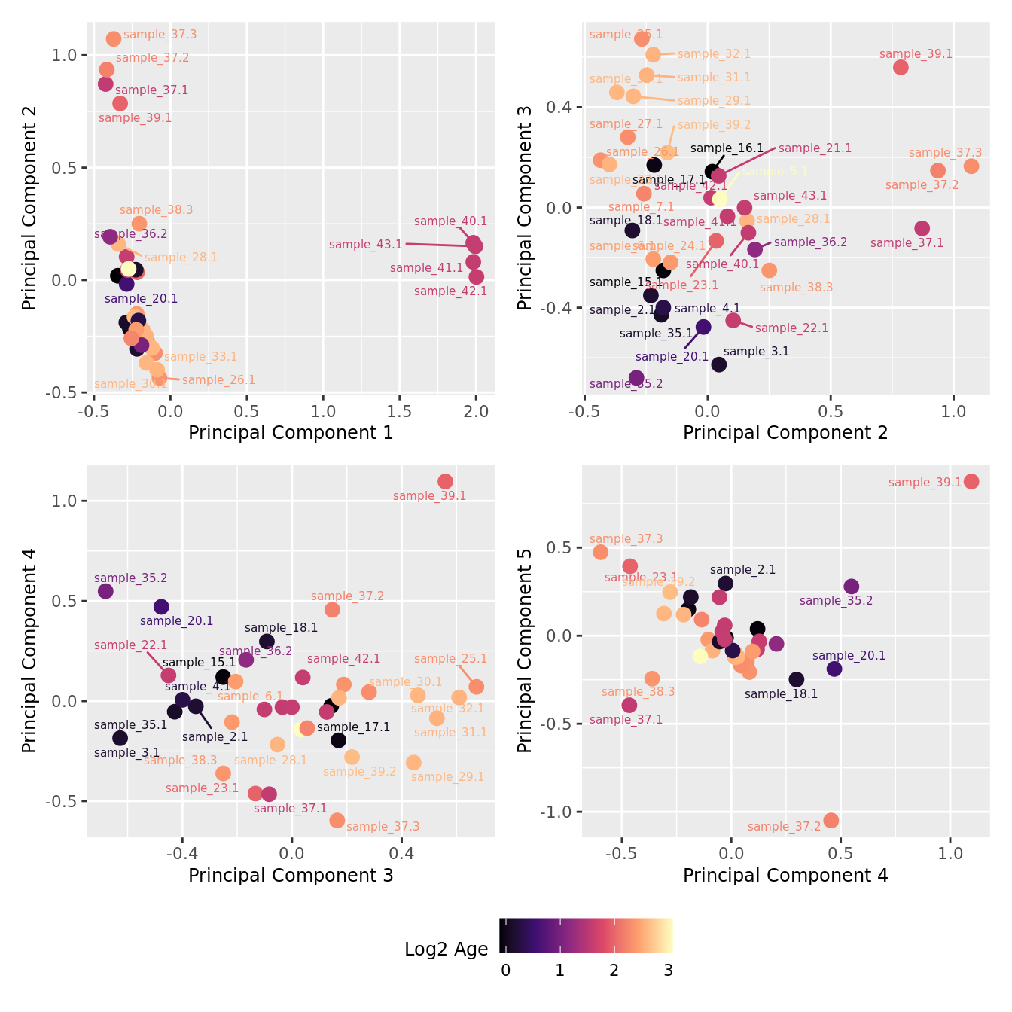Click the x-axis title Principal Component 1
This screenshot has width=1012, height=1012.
click(291, 433)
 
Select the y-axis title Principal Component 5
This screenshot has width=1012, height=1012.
click(525, 650)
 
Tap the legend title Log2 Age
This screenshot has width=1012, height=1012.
click(446, 950)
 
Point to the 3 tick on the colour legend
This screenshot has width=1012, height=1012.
click(668, 971)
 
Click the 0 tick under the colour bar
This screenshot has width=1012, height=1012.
click(505, 971)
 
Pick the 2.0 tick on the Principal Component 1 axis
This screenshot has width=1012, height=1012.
click(476, 412)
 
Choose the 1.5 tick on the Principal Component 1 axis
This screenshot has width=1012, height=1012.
click(400, 412)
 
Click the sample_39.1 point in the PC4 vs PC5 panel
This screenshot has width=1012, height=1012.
click(971, 481)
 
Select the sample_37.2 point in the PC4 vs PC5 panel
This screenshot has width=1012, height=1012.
click(831, 820)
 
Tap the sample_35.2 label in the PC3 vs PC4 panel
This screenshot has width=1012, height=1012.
click(131, 578)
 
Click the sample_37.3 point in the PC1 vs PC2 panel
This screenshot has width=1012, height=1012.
click(114, 38)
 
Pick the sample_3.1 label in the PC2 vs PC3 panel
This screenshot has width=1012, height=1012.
click(756, 352)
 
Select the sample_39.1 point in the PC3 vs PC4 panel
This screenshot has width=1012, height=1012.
click(445, 481)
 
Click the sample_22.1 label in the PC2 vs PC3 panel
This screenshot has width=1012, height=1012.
click(791, 328)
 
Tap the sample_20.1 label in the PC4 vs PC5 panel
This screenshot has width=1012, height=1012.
click(849, 656)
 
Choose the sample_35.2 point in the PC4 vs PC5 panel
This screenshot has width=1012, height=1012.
click(851, 587)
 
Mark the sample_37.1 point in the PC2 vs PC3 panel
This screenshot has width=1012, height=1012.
click(922, 228)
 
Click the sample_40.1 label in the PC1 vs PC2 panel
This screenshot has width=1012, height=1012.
click(450, 221)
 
